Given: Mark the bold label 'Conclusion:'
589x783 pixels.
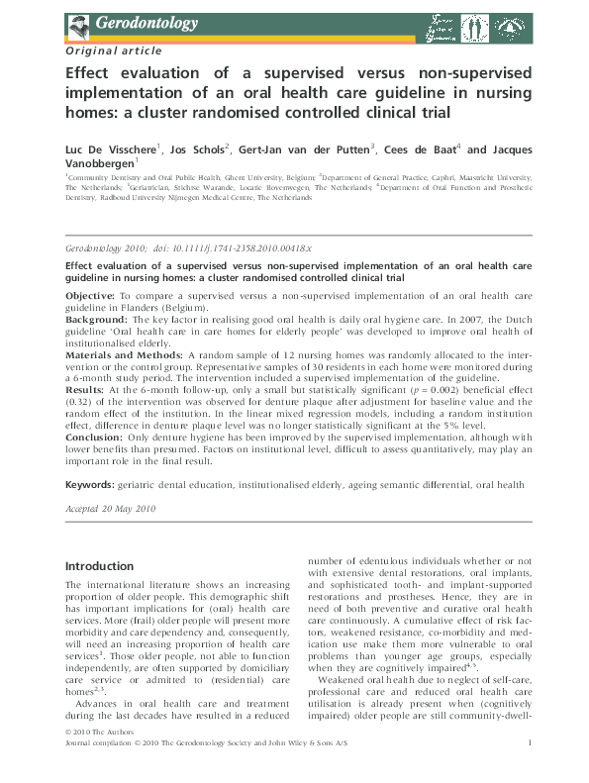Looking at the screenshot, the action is (95, 436).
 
